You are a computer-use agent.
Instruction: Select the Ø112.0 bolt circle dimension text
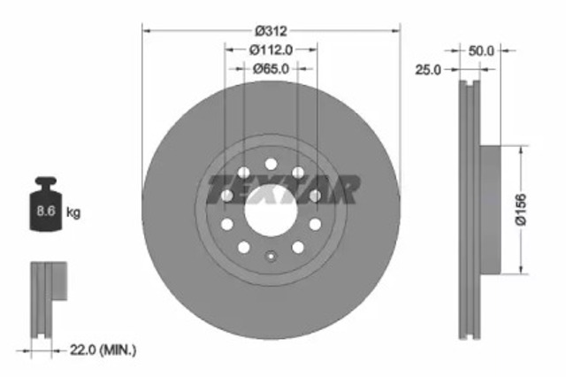(271, 50)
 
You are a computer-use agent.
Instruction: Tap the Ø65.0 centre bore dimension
(271, 68)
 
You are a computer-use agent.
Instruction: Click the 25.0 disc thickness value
(428, 69)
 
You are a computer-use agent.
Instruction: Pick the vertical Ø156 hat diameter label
(522, 211)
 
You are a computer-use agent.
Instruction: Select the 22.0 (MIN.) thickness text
(104, 351)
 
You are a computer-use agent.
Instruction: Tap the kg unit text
(73, 212)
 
